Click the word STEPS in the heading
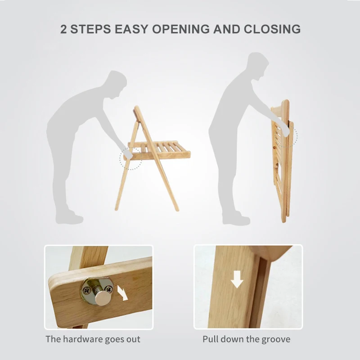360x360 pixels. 90,29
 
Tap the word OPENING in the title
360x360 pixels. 181,29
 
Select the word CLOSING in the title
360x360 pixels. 272,29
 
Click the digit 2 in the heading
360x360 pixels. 63,29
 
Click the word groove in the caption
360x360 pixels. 275,339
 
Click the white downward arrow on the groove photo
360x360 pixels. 237,279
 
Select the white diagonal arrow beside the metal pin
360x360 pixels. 122,293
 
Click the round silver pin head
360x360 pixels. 103,298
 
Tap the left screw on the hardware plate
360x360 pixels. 86,291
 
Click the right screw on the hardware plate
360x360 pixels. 108,288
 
